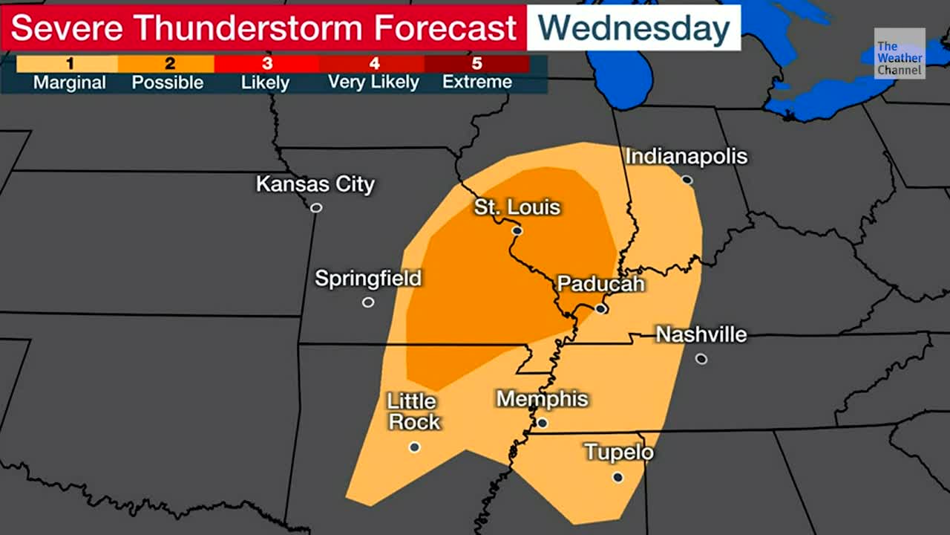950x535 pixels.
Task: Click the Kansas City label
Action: (x=315, y=184)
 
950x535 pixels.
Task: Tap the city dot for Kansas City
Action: (x=316, y=208)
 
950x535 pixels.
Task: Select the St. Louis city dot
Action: (x=517, y=231)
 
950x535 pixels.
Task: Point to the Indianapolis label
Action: (x=686, y=157)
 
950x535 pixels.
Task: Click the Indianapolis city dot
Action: (x=687, y=180)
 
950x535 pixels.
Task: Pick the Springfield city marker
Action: (x=368, y=302)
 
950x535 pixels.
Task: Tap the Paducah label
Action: (x=600, y=284)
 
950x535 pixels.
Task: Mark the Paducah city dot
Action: (x=601, y=308)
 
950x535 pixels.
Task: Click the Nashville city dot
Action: (x=701, y=359)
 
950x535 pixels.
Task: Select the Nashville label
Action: (x=701, y=335)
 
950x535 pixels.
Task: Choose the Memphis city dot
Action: (x=543, y=423)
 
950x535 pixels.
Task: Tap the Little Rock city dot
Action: (x=415, y=447)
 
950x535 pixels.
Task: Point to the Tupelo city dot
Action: (x=618, y=477)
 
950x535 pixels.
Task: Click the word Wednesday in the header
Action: (x=633, y=28)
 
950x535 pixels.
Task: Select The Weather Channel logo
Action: (x=900, y=53)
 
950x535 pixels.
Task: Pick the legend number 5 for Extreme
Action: (x=476, y=64)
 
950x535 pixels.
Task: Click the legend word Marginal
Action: (x=69, y=82)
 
